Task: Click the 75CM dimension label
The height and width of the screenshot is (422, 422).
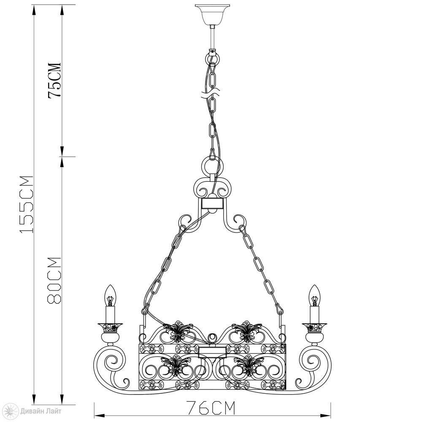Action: click(x=54, y=81)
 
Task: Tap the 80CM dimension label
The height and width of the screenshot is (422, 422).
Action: click(x=54, y=281)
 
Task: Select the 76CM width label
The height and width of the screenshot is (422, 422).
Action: click(x=211, y=408)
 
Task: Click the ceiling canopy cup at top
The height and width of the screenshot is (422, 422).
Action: click(x=213, y=14)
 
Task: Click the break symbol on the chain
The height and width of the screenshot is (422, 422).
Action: click(x=211, y=92)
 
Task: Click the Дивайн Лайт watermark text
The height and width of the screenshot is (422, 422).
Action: click(x=41, y=411)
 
